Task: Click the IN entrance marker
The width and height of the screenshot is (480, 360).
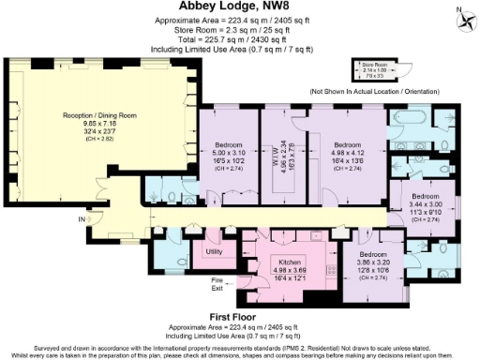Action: [x=82, y=219]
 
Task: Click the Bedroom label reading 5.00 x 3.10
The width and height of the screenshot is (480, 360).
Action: [x=229, y=148]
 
